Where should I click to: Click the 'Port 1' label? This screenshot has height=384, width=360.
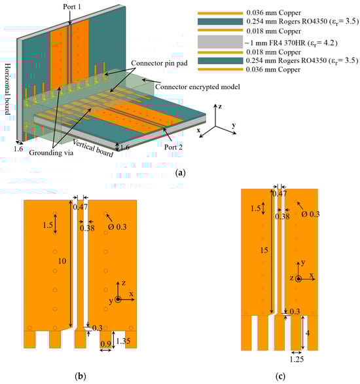coord(71,7)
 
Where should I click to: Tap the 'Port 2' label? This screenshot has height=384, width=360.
coord(173,147)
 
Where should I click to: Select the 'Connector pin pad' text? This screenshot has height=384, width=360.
coord(159,63)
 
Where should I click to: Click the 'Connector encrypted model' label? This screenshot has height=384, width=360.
coord(198,86)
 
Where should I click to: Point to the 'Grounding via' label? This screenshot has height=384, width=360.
coord(51,153)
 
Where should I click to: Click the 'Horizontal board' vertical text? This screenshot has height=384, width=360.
coord(8,89)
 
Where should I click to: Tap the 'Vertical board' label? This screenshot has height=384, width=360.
coord(93,148)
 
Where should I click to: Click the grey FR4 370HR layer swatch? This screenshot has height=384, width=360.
coord(220,42)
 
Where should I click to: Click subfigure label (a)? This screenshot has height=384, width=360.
coord(181,173)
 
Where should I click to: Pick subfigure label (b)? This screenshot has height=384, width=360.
coord(81,375)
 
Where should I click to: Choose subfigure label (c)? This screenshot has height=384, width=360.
coord(280,376)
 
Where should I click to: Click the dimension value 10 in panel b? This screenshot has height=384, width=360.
coord(62,261)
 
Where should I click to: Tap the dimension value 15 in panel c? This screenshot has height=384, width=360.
coord(264,250)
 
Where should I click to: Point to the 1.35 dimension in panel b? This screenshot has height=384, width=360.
coord(123,341)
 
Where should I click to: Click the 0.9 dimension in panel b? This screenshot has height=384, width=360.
coord(105,344)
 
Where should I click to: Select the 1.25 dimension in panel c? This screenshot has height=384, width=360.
coord(297,359)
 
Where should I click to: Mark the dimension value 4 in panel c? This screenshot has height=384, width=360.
coord(308,333)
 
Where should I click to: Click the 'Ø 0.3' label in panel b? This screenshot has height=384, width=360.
coord(117,227)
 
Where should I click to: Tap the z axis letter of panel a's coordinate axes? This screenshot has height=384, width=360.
coord(220,107)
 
